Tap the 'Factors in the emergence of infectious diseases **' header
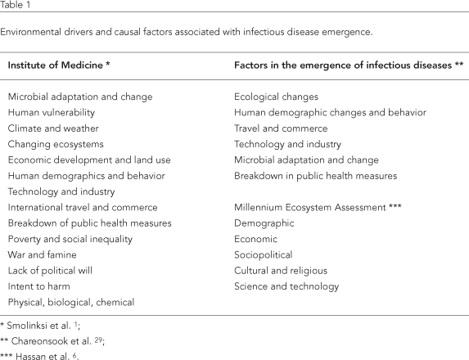344,64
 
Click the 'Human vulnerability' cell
52,112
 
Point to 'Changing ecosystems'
53,143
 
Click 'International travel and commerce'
83,207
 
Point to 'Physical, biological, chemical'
72,302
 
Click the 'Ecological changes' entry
276,96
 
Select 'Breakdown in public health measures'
315,175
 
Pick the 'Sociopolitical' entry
263,254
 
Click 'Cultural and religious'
281,270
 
